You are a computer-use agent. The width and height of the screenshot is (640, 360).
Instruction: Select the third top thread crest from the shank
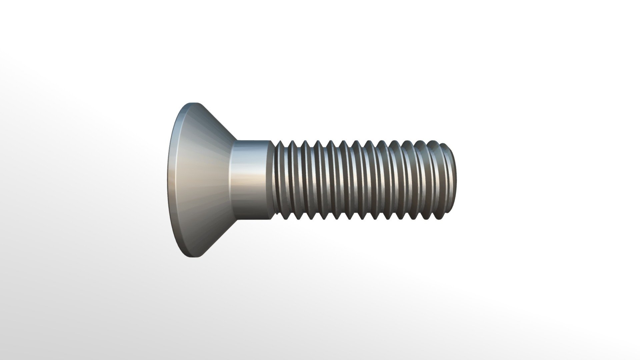pos(305,142)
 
